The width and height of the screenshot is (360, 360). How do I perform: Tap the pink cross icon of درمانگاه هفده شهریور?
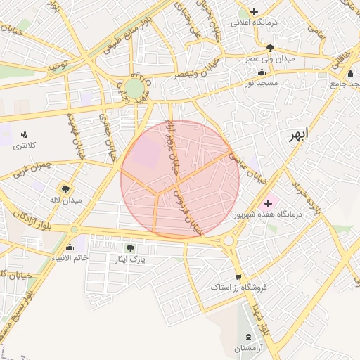pos(268,203)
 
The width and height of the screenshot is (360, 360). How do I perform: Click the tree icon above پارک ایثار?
pos(129,247)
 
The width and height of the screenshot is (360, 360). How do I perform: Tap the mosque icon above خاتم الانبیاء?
pos(70,247)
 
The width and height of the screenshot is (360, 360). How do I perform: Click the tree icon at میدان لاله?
pos(65,189)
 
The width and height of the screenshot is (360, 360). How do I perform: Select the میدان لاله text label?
pos(65,200)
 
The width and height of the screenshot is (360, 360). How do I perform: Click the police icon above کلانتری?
pos(24,134)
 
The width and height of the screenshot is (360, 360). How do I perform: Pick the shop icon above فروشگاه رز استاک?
pos(238,276)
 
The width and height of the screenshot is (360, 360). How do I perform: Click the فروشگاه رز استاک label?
pos(238,288)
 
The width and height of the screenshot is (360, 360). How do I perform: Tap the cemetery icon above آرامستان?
pos(247,337)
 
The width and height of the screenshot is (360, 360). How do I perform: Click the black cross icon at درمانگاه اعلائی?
pos(255,11)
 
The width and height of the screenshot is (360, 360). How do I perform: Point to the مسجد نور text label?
pos(262,83)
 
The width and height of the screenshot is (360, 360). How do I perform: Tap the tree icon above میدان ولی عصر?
pos(270,48)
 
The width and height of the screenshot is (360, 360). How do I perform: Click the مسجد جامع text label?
pos(345,84)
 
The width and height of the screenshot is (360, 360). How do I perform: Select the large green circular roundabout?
pos(134,88)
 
